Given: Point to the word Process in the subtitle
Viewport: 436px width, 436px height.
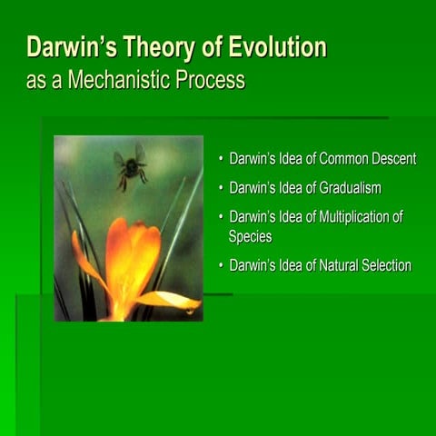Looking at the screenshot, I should [x=211, y=79].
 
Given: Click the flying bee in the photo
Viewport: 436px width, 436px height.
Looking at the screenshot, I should [x=130, y=167].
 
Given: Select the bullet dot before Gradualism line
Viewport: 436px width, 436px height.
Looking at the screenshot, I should [x=220, y=189].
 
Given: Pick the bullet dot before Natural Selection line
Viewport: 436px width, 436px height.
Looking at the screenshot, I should [x=220, y=266].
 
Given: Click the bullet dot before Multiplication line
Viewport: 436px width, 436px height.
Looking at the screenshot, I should [x=220, y=218].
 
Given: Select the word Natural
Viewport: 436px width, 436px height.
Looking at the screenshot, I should [x=337, y=265].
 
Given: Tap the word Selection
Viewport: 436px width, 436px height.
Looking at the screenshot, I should [x=386, y=265].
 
